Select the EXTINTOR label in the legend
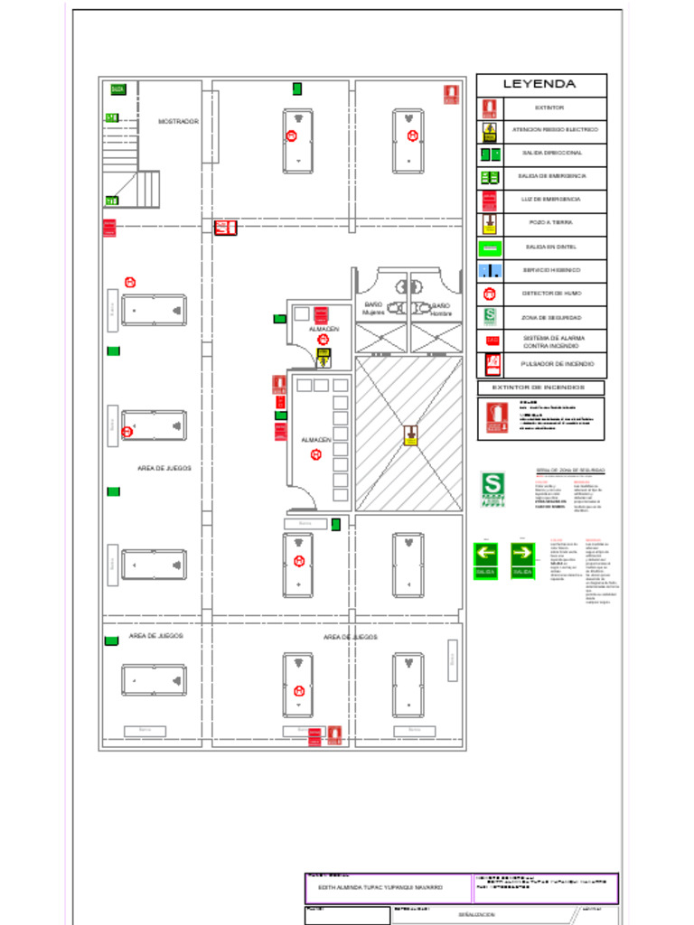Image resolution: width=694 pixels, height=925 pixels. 549,107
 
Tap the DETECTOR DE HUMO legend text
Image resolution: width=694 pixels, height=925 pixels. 551,294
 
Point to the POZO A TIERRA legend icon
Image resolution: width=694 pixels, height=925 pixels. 489,223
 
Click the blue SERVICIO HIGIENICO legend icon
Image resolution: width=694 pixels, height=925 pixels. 489,270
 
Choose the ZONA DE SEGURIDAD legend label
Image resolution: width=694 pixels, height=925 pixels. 551,318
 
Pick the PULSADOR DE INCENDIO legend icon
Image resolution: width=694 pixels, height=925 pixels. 492,364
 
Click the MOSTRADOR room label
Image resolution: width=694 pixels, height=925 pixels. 178,121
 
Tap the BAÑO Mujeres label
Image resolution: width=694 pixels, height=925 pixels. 373,309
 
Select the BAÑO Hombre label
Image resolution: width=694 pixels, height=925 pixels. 441,309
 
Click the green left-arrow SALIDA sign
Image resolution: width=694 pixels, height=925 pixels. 486,560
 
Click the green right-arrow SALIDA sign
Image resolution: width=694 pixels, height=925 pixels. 522,560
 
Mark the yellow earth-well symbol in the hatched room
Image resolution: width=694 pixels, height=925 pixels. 411,435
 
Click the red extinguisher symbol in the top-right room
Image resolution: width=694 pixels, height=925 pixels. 451,94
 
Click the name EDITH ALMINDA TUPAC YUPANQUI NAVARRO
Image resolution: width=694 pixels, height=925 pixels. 374,888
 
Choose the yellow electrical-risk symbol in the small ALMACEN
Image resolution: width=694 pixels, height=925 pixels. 323,357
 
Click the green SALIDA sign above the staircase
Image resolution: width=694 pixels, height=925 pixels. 117,89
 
